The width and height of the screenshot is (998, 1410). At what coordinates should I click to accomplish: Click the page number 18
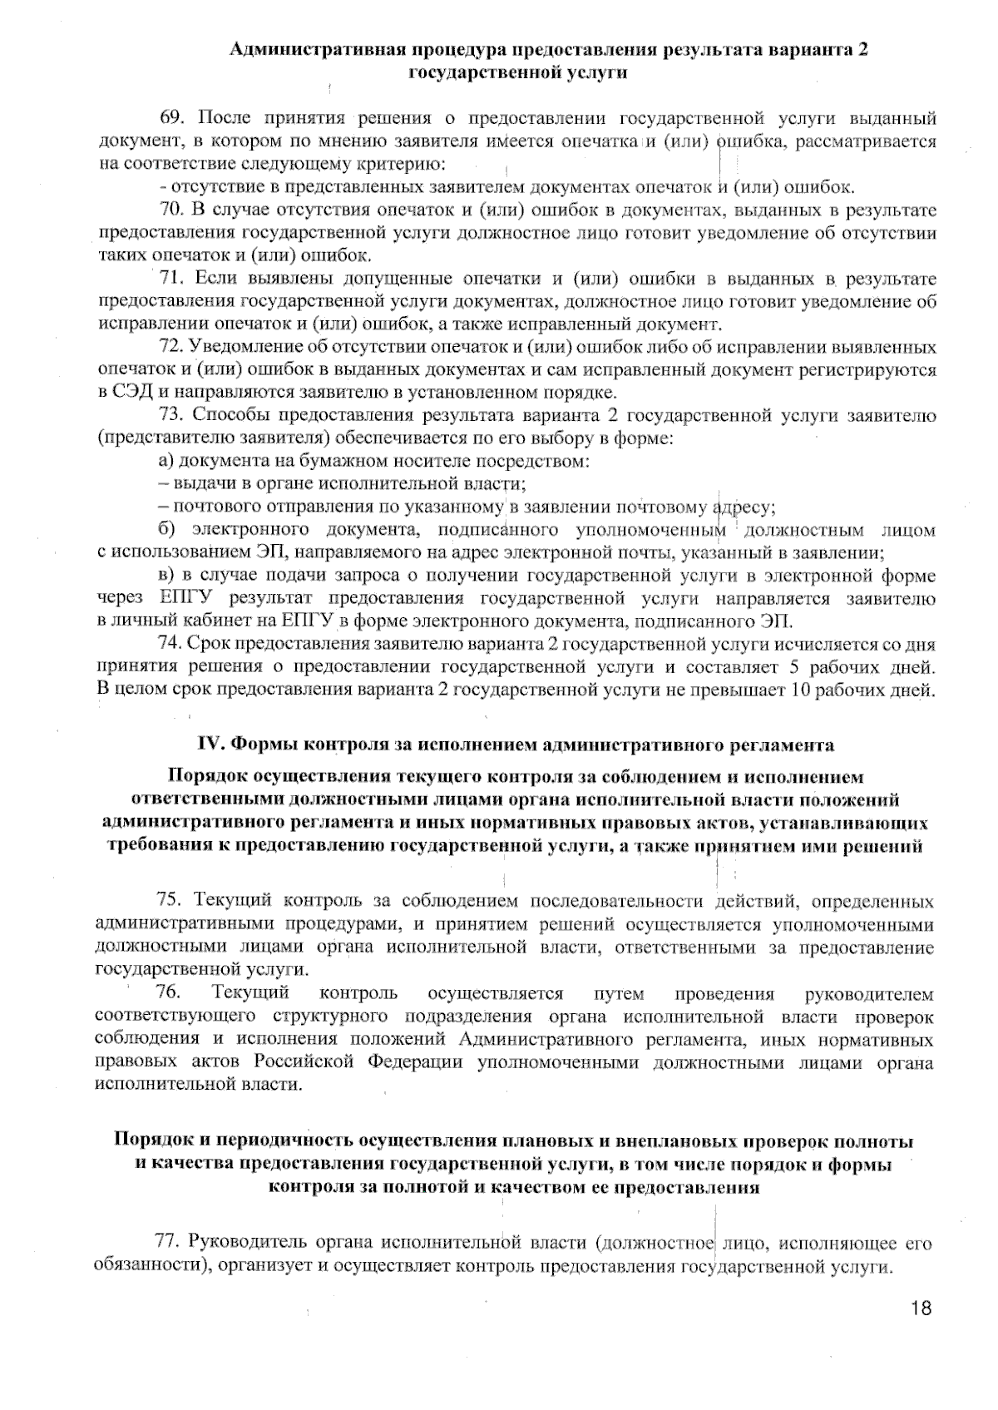921,1309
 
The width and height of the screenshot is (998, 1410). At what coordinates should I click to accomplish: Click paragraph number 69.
170,116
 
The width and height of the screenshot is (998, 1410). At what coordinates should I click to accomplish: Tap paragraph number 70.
170,209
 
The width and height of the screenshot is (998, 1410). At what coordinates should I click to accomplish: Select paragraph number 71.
170,278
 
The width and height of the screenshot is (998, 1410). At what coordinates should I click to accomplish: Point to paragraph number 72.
170,347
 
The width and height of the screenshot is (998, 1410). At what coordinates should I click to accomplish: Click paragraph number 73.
170,415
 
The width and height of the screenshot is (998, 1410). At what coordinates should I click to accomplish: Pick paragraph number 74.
170,644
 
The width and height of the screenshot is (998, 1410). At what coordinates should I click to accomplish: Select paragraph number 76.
169,993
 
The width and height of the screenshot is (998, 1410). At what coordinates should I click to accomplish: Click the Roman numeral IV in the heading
208,743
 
